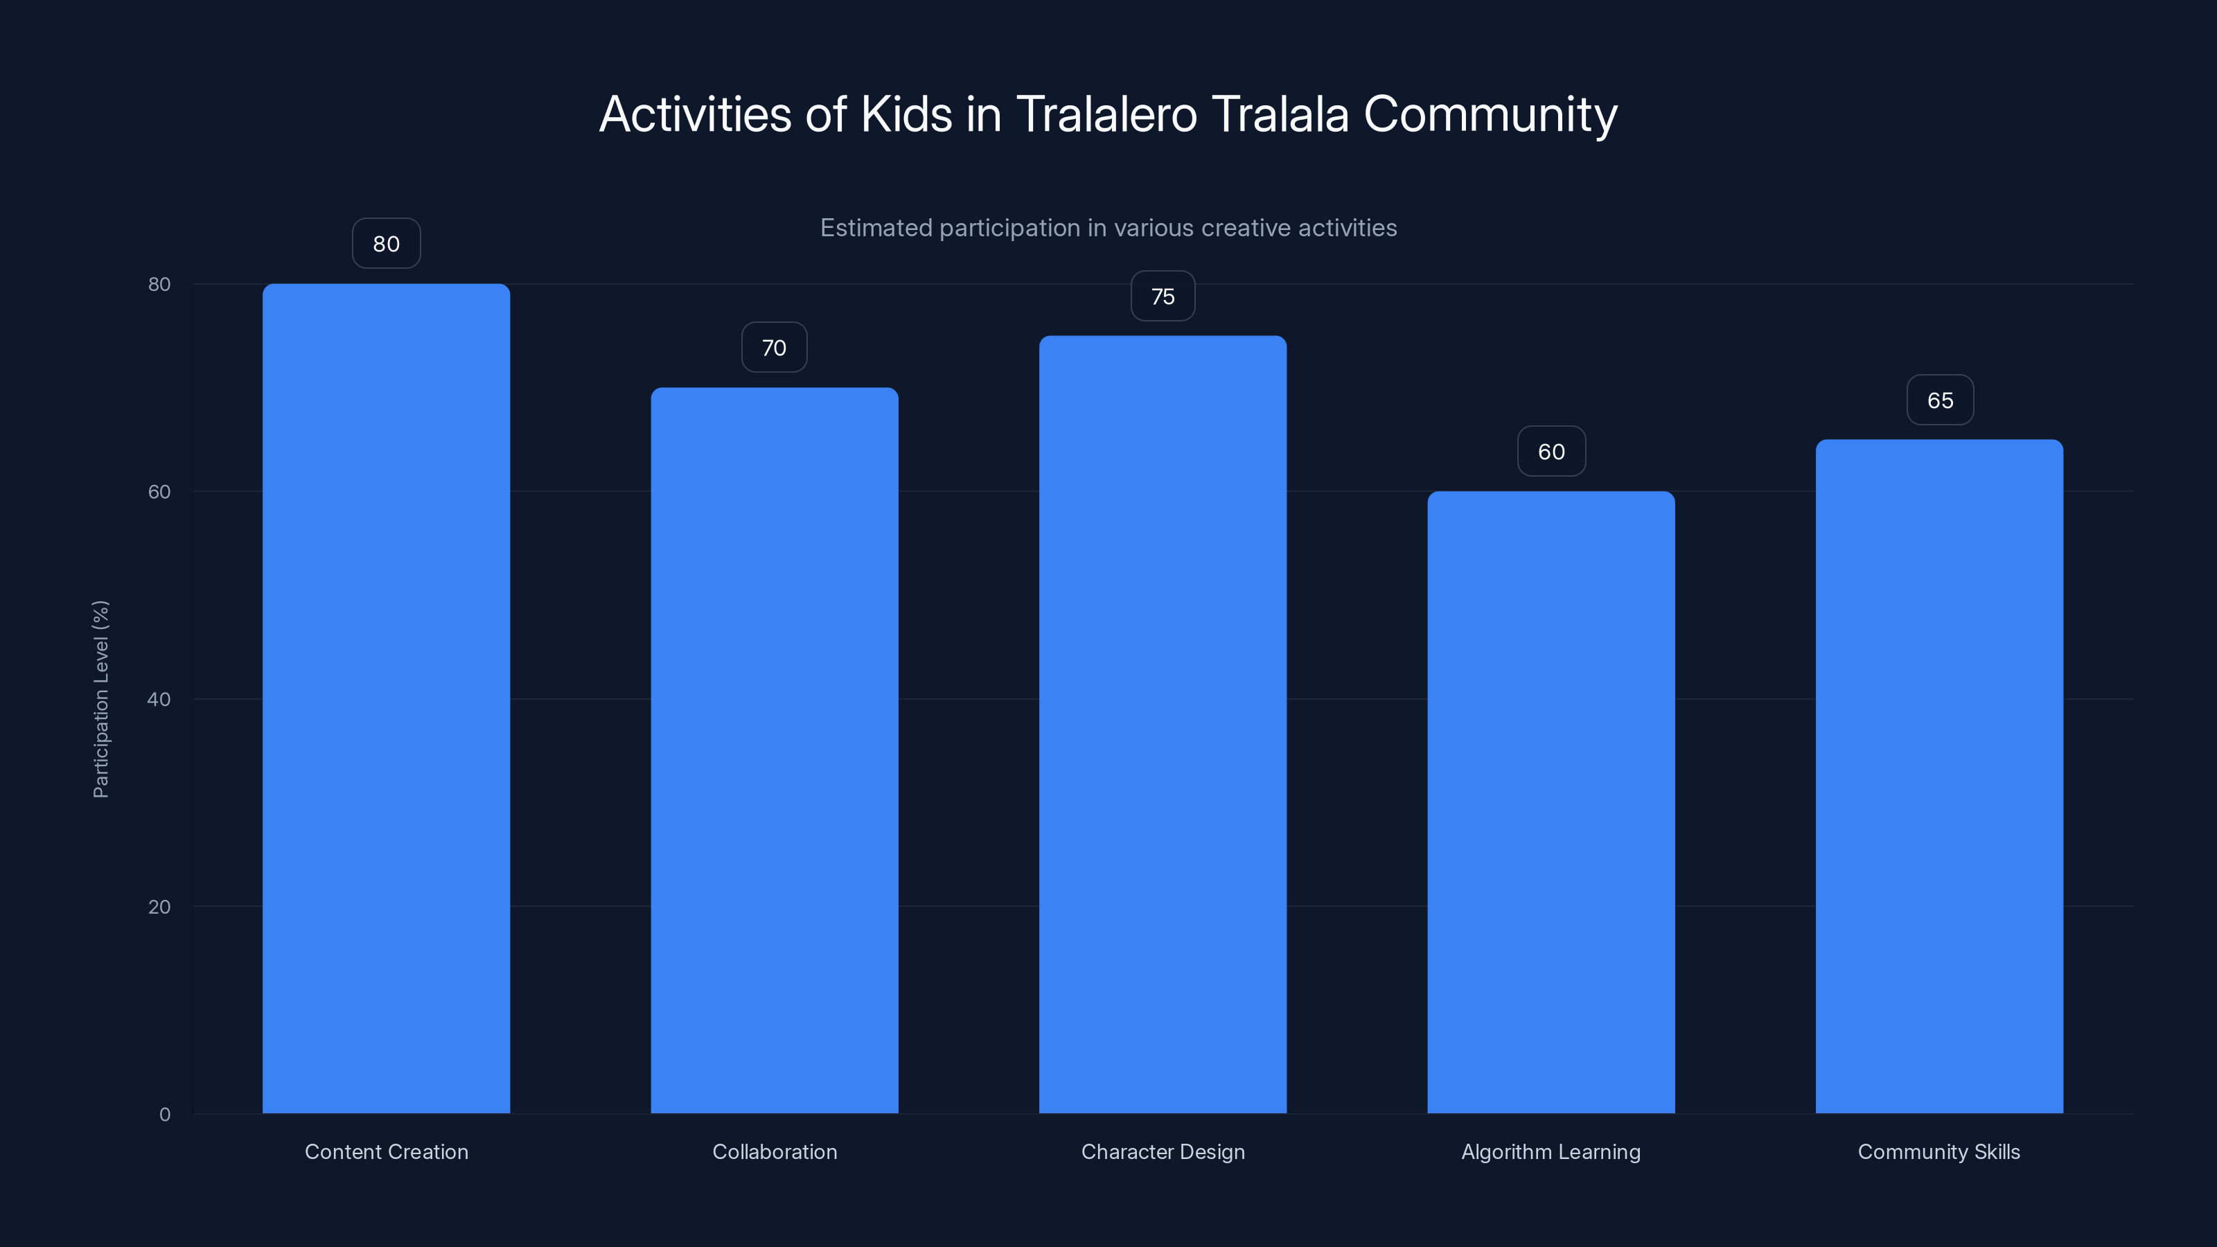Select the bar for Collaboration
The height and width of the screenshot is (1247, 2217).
774,750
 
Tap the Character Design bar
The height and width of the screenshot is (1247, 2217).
1163,724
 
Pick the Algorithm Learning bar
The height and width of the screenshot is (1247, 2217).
1551,802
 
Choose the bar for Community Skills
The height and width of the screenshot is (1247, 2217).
1939,776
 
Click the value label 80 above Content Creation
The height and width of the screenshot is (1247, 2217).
386,244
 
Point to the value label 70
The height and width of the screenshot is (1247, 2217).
774,348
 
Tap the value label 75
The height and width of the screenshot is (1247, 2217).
1163,296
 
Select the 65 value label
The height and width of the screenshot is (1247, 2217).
1940,400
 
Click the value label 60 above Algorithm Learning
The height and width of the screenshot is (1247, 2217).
1551,452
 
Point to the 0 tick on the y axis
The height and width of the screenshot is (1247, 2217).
164,1115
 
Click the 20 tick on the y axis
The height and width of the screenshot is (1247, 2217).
159,906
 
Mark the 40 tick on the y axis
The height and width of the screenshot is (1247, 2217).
159,699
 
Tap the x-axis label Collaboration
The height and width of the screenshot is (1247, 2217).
775,1151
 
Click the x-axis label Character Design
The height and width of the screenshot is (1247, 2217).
1163,1151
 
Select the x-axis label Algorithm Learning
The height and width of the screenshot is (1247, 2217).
1551,1151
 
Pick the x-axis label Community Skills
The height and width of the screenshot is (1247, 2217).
1939,1151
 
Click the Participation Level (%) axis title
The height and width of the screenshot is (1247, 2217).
100,699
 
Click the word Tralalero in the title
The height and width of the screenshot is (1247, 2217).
1106,114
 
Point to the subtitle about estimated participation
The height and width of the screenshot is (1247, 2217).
1108,228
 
